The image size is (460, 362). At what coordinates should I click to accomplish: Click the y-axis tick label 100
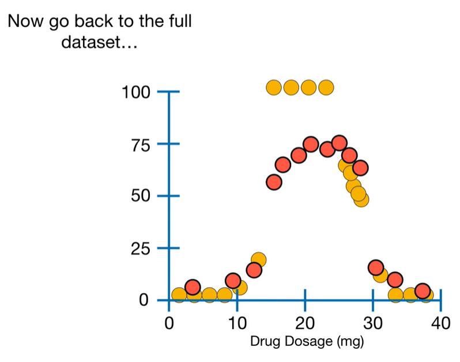pyautogui.click(x=135, y=92)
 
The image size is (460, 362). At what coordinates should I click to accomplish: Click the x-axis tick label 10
pyautogui.click(x=237, y=322)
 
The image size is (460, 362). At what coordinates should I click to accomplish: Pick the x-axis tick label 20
pyautogui.click(x=304, y=322)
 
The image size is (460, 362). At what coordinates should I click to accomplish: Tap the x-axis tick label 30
pyautogui.click(x=372, y=322)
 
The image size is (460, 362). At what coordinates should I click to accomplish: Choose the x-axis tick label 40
pyautogui.click(x=440, y=322)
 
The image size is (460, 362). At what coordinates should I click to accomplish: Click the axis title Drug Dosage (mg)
pyautogui.click(x=307, y=341)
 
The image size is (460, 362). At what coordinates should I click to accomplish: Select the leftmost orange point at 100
pyautogui.click(x=274, y=87)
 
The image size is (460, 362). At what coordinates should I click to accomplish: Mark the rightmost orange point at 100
pyautogui.click(x=326, y=87)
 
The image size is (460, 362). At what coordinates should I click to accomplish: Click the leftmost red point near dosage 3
pyautogui.click(x=193, y=287)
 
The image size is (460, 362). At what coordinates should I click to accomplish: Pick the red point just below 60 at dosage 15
pyautogui.click(x=274, y=182)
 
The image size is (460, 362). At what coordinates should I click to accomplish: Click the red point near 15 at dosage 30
pyautogui.click(x=376, y=267)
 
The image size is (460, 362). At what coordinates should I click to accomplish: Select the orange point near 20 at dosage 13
pyautogui.click(x=259, y=260)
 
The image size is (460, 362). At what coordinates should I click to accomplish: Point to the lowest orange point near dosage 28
pyautogui.click(x=361, y=200)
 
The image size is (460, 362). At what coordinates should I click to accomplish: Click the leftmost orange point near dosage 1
pyautogui.click(x=179, y=295)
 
